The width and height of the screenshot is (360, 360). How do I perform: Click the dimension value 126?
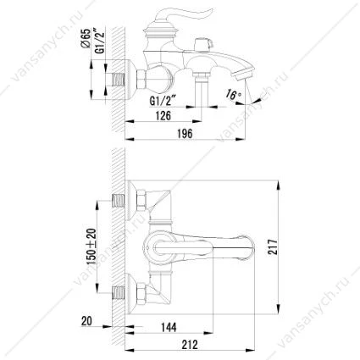click(163, 115)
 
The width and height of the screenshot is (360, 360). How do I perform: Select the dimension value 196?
click(185, 133)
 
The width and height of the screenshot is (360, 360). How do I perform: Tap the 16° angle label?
click(232, 94)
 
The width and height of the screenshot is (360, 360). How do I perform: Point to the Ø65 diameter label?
click(86, 38)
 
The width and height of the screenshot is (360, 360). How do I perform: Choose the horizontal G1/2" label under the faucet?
click(163, 101)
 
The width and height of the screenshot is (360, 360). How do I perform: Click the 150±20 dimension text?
click(91, 246)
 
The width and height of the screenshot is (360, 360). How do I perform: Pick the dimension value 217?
click(273, 246)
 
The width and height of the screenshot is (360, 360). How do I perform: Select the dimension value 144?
click(169, 327)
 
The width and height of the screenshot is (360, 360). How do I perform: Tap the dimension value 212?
click(190, 345)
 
